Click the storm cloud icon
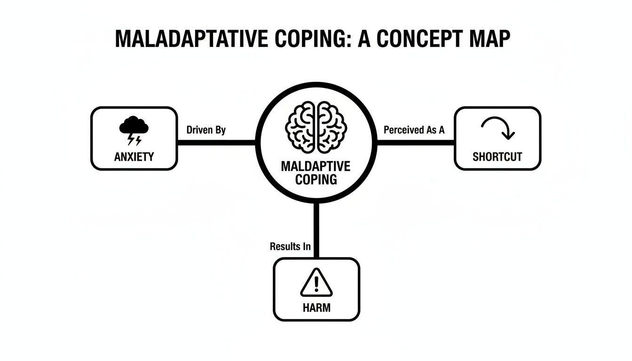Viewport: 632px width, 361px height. (134, 126)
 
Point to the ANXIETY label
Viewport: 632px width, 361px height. (134, 157)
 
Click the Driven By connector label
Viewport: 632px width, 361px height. (206, 130)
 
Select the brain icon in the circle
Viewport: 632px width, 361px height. (316, 127)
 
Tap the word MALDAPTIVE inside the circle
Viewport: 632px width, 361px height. (316, 166)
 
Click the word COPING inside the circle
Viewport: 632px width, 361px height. (316, 179)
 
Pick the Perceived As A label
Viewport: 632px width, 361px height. (414, 130)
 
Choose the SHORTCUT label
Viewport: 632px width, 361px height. (497, 157)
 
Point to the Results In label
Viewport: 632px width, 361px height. (290, 246)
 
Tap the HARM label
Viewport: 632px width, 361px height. (316, 308)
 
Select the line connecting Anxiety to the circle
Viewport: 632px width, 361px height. (216, 142)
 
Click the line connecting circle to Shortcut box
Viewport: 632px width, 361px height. (416, 142)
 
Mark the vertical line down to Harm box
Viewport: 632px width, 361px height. (316, 230)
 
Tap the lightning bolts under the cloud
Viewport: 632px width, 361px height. (134, 139)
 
